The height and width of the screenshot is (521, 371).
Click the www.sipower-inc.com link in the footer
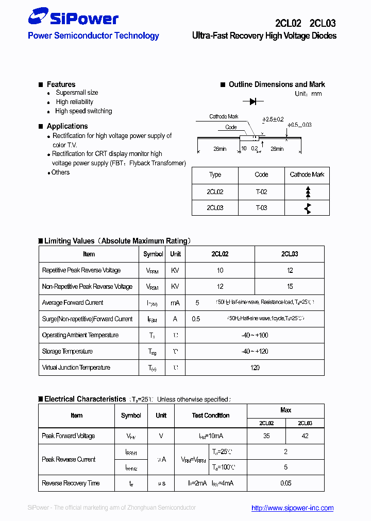tap(292, 508)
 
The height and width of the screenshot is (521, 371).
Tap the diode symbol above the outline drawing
tap(252, 102)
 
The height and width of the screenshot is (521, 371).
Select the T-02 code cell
tap(261, 192)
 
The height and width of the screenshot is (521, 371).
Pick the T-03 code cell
tap(261, 208)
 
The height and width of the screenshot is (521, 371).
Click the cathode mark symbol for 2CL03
tap(308, 208)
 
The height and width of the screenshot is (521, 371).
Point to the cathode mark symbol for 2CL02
tap(308, 192)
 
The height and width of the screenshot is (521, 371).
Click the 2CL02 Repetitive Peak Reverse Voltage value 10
tap(220, 270)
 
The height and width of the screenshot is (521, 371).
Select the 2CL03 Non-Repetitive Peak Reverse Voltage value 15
tap(290, 287)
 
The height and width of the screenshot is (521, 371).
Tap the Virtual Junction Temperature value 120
tap(255, 368)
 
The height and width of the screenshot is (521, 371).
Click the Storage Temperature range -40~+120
tap(255, 352)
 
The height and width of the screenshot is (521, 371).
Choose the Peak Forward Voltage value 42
tap(305, 436)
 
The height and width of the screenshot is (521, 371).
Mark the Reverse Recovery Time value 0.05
tap(285, 483)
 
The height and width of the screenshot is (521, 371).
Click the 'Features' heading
tap(61, 84)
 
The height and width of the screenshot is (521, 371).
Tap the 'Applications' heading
tap(67, 126)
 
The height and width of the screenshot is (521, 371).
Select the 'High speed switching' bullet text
tap(83, 111)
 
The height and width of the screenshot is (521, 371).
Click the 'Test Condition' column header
tap(211, 415)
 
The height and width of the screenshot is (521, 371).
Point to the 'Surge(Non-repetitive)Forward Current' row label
tap(87, 319)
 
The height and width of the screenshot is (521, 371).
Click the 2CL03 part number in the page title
tap(323, 23)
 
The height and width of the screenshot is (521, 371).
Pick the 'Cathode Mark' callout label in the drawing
tap(224, 116)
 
